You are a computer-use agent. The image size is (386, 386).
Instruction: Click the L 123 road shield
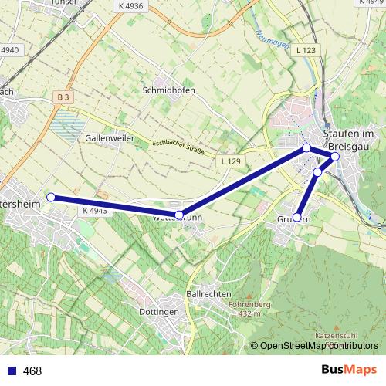[x=306, y=49]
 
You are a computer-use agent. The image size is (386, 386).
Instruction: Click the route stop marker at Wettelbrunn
[x=179, y=215]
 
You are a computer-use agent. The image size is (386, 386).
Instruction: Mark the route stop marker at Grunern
[x=297, y=218]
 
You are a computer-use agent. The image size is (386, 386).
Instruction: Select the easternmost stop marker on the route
[x=335, y=157]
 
